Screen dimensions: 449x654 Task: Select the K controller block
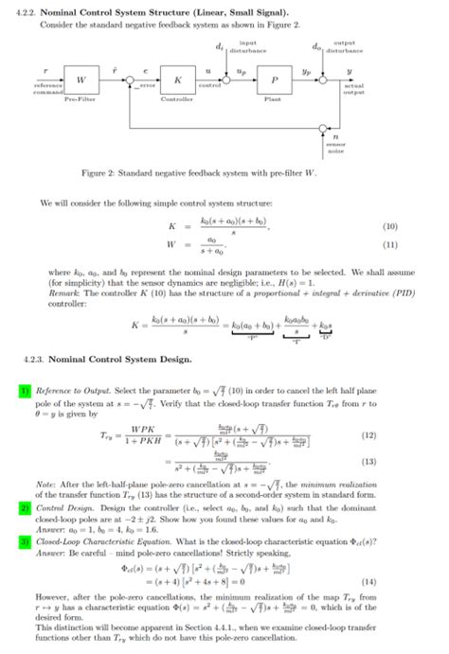coord(175,79)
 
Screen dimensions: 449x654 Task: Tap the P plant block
coord(277,79)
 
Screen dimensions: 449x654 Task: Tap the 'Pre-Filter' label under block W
coord(79,96)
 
